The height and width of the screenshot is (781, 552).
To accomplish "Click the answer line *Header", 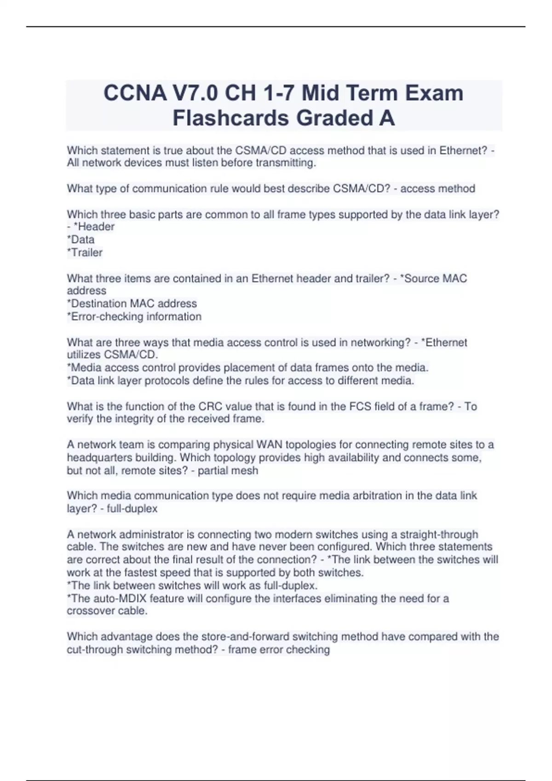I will point(94,226).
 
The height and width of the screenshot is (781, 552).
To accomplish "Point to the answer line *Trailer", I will point(85,252).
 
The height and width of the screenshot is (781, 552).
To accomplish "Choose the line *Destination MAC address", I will point(132,303).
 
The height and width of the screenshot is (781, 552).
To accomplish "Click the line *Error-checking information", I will point(134,316).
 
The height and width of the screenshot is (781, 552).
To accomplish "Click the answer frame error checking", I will point(279,650).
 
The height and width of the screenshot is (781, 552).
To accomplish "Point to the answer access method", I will point(437,188).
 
